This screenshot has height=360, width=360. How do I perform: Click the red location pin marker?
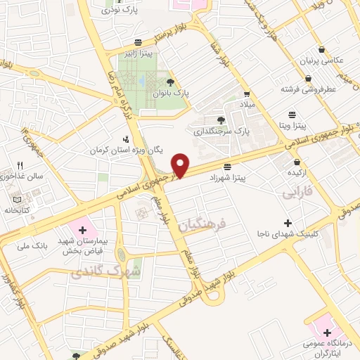(181, 165)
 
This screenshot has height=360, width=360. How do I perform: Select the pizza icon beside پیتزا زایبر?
(139, 41)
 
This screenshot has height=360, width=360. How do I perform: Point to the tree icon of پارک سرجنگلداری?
(221, 120)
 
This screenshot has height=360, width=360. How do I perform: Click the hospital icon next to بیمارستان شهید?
(82, 229)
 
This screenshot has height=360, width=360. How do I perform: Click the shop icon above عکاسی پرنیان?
(321, 50)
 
